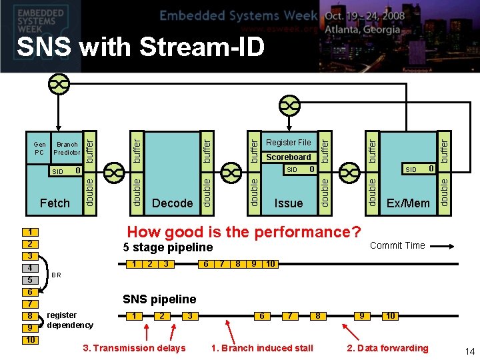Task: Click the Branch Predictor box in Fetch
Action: point(67,148)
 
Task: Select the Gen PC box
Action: point(39,148)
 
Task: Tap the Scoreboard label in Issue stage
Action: point(289,157)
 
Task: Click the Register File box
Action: point(289,142)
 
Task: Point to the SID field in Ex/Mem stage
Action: point(419,169)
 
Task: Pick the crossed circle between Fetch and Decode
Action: point(114,173)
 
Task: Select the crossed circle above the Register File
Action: point(289,105)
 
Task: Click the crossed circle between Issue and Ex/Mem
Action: point(349,173)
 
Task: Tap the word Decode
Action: point(173,203)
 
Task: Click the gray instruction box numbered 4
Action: point(30,268)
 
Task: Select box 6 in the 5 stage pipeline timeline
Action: point(206,264)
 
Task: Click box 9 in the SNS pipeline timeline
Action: point(362,315)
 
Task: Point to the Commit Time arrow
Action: point(442,246)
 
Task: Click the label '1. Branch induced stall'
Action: point(262,348)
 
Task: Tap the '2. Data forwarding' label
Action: point(387,348)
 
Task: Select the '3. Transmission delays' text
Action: point(135,348)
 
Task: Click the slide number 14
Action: point(469,351)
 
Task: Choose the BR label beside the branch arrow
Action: point(56,275)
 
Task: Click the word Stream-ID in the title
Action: point(202,47)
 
